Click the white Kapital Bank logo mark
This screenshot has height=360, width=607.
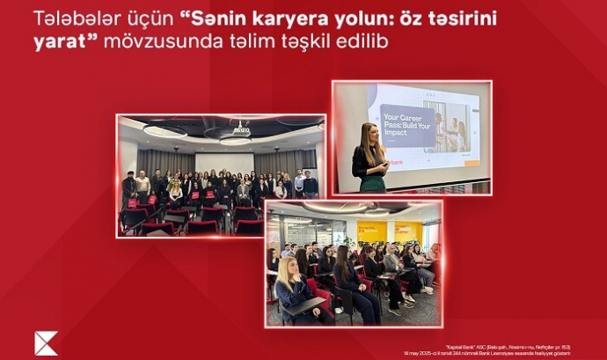pyautogui.click(x=46, y=342)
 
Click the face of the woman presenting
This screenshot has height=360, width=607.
pyautogui.click(x=370, y=135)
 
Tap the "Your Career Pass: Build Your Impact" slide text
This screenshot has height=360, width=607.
pyautogui.click(x=404, y=124)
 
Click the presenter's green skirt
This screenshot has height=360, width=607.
pyautogui.click(x=371, y=184)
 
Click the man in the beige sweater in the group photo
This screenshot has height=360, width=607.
pyautogui.click(x=143, y=186)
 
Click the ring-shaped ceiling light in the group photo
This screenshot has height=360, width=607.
pyautogui.click(x=165, y=131)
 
